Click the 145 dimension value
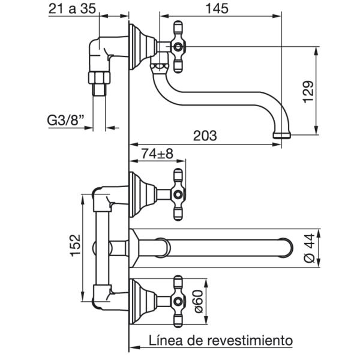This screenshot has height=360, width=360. click(x=217, y=8)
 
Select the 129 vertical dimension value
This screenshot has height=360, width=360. click(x=308, y=92)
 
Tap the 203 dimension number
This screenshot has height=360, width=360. click(x=205, y=136)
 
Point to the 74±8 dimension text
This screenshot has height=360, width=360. click(x=157, y=154)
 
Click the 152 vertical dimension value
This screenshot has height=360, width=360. click(x=76, y=245)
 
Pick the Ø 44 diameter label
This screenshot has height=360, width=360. click(x=309, y=248)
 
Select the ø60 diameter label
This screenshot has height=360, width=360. click(x=199, y=301)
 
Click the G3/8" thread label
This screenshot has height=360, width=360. click(x=65, y=120)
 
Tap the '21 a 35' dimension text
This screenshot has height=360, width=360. click(x=72, y=9)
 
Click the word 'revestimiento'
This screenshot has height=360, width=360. click(x=250, y=340)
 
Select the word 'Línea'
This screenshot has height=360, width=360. click(x=166, y=340)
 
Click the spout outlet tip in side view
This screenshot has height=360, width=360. click(x=282, y=136)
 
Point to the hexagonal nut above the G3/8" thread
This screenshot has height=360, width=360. click(x=99, y=77)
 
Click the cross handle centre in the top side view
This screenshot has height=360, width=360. click(x=178, y=47)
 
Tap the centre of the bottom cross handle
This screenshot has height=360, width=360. click(x=178, y=301)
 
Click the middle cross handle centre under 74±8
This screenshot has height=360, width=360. click(x=178, y=194)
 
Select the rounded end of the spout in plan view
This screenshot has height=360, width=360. click(x=289, y=248)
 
